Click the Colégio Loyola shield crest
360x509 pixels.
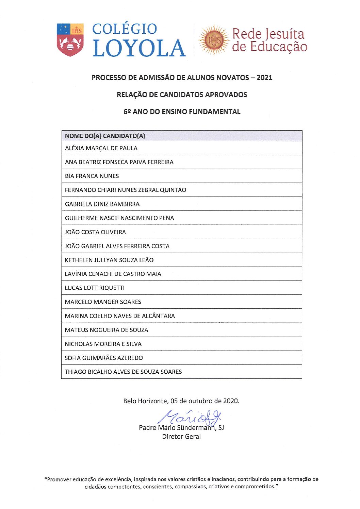70,40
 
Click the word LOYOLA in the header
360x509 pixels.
139,48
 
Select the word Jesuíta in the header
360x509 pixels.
285,34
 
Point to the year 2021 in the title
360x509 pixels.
264,78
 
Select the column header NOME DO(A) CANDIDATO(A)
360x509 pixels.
105,136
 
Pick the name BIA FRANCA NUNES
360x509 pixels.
92,176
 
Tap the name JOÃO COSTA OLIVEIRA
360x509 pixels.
95,232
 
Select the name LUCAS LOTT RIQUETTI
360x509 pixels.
95,288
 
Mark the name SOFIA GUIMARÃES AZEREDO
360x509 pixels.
104,358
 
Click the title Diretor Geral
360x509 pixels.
181,437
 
